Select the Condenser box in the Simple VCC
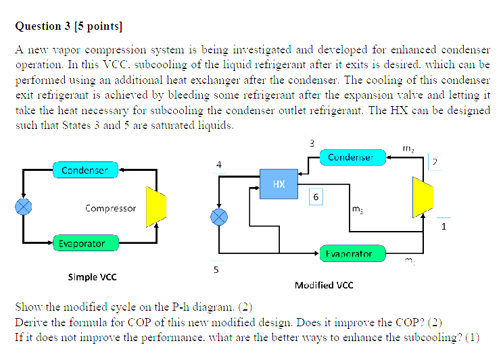[85, 170]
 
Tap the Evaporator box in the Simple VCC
[81, 243]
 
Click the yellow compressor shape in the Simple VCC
[156, 207]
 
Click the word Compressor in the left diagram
[110, 209]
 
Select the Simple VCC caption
[92, 277]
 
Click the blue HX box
[279, 184]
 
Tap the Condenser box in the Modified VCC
[350, 157]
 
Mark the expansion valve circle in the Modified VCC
[218, 217]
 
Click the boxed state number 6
[316, 197]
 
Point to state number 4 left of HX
[218, 164]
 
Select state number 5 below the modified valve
[216, 269]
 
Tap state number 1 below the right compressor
[444, 226]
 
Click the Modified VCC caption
[324, 285]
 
